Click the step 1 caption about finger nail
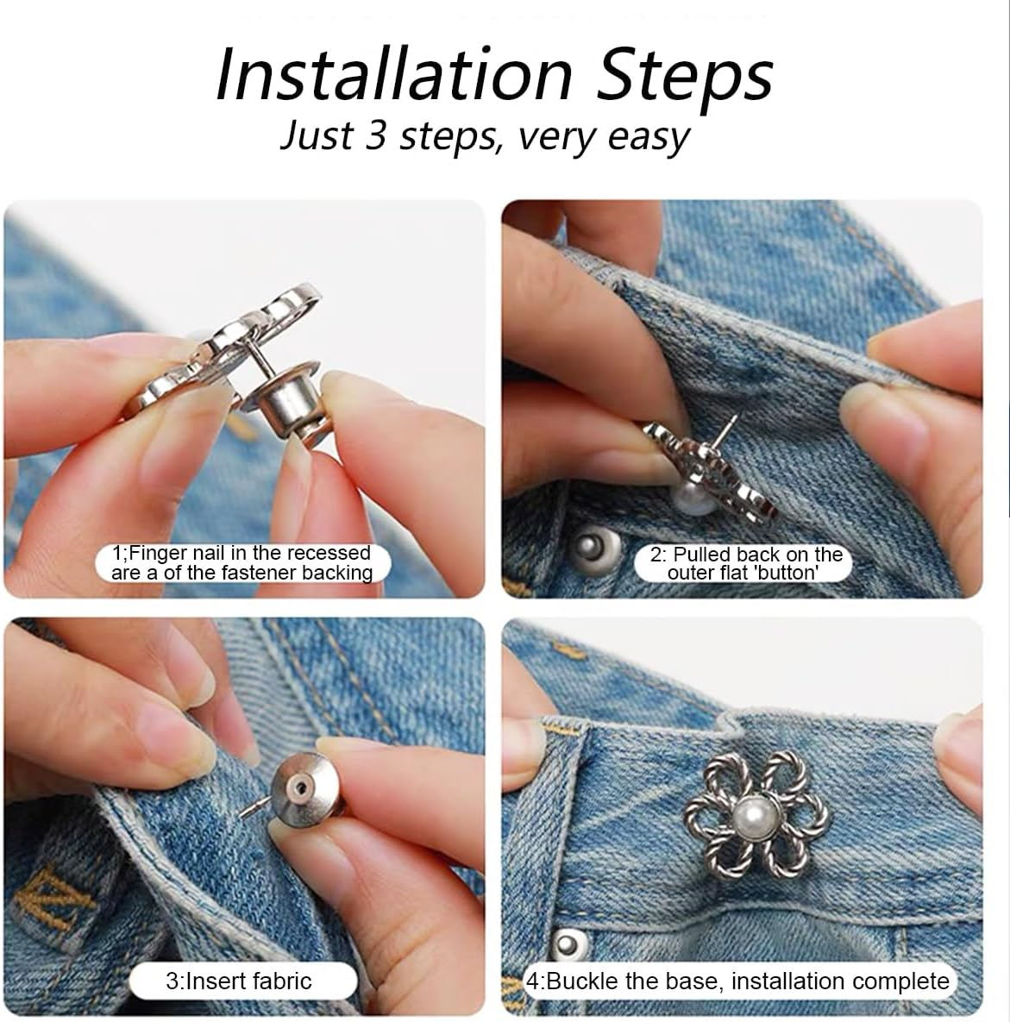242,562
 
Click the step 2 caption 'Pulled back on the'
745,555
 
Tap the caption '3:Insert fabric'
239,981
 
